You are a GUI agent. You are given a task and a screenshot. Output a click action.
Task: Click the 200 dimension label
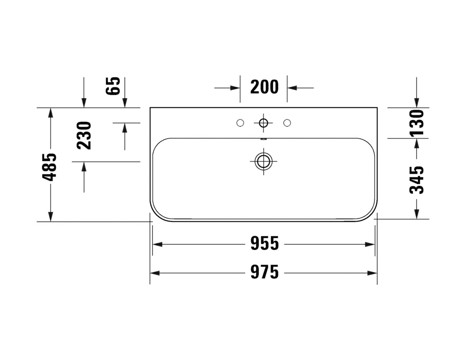click(x=265, y=87)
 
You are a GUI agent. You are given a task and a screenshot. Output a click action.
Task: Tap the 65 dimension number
click(x=113, y=86)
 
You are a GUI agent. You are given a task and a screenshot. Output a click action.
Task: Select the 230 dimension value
click(x=84, y=135)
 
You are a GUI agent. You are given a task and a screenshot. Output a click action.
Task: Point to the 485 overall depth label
click(x=49, y=167)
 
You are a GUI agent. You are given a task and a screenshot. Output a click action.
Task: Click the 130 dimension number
click(x=417, y=123)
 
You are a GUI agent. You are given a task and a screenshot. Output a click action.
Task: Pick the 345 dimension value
click(x=417, y=180)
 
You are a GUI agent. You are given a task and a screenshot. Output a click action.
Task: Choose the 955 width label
click(x=265, y=243)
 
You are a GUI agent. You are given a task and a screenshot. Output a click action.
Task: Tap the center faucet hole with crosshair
click(x=264, y=123)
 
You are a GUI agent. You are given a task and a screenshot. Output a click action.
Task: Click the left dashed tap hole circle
click(x=240, y=123)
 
